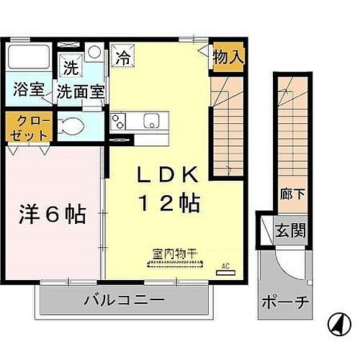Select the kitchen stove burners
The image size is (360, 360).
pos(118,121)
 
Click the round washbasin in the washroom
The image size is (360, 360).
pos(95,54)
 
